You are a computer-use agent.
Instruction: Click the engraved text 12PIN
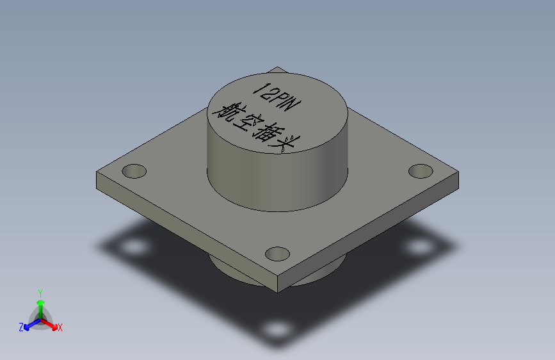click(x=273, y=96)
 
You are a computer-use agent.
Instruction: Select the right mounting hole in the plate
click(x=421, y=171)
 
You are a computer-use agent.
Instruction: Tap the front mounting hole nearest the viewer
click(x=278, y=254)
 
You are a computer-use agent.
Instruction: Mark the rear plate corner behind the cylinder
click(x=277, y=69)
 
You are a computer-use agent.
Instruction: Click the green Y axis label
click(x=40, y=292)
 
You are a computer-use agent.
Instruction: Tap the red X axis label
click(x=60, y=327)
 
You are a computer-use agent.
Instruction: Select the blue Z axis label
click(x=21, y=327)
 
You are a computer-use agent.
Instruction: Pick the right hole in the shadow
click(x=419, y=247)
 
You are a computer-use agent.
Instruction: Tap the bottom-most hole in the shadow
click(x=277, y=330)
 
